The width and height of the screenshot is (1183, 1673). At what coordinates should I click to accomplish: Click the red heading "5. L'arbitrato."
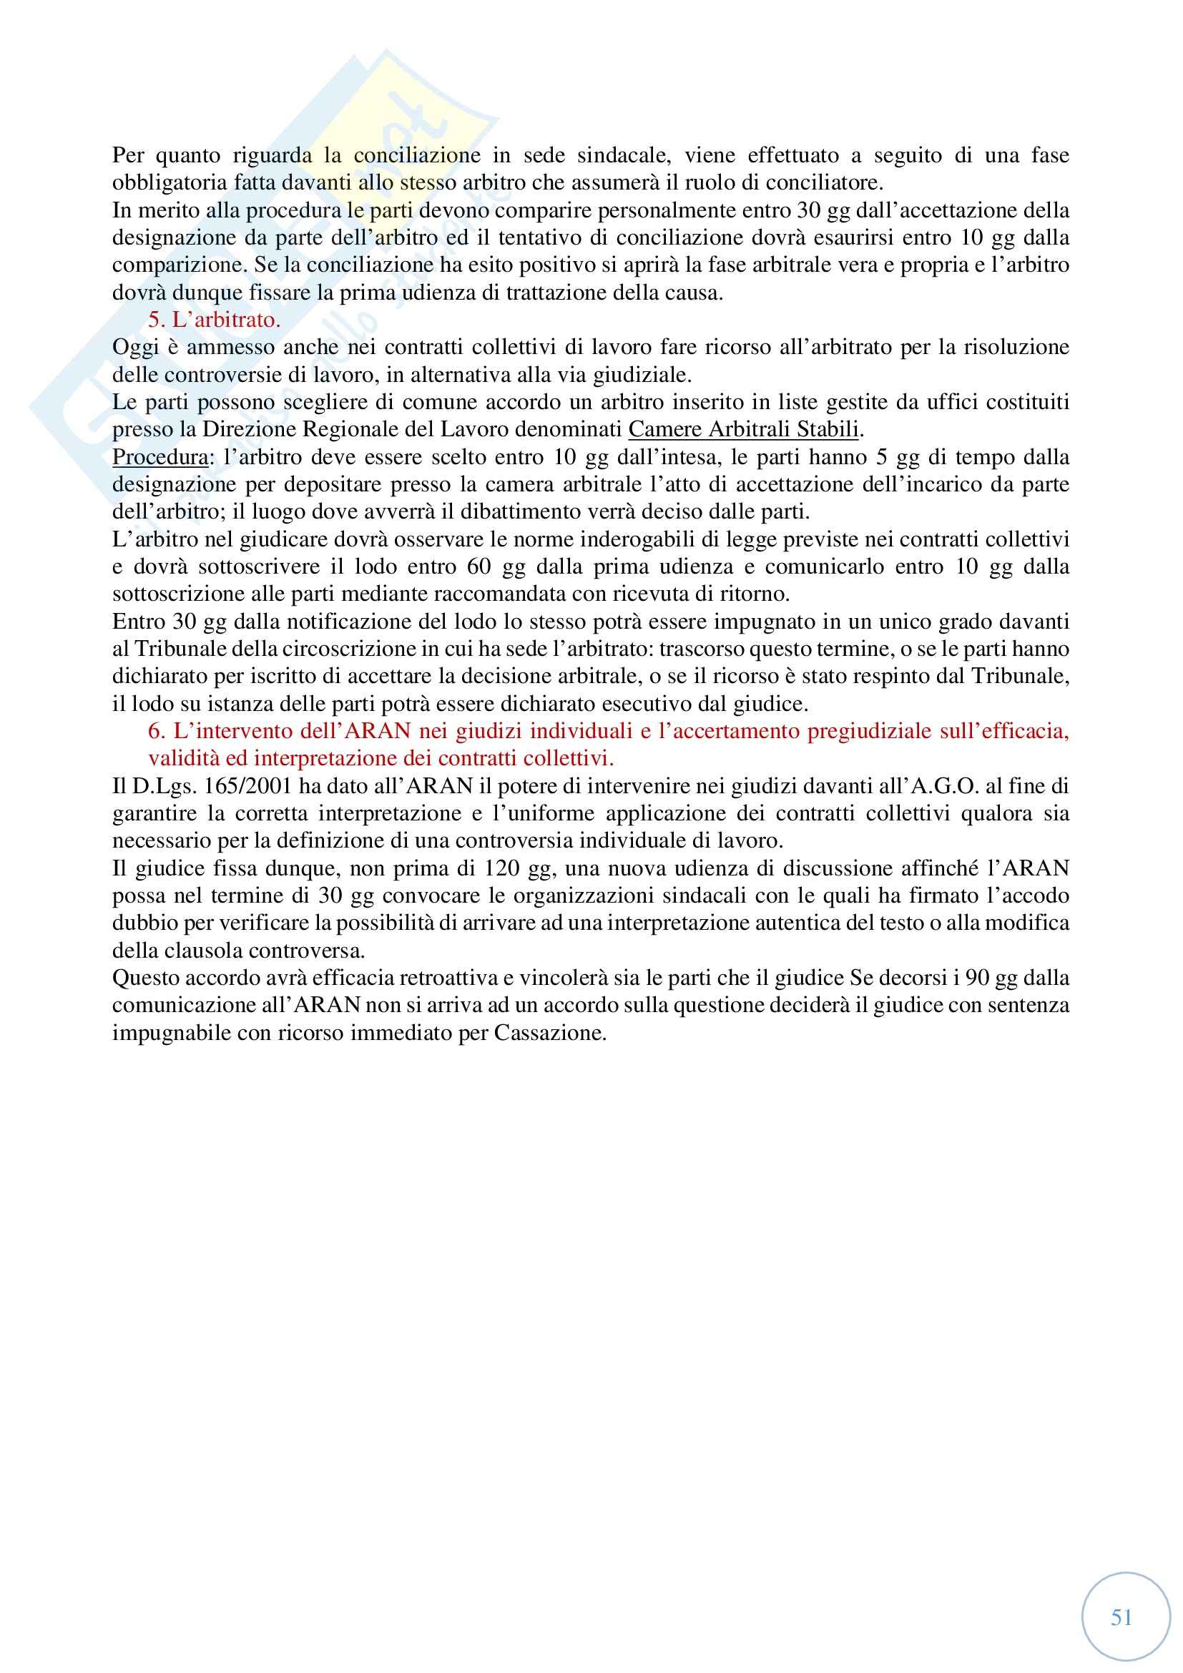click(x=214, y=320)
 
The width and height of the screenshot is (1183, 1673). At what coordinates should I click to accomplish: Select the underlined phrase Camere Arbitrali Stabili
click(x=743, y=429)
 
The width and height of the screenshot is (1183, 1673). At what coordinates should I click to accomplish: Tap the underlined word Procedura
click(x=159, y=457)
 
